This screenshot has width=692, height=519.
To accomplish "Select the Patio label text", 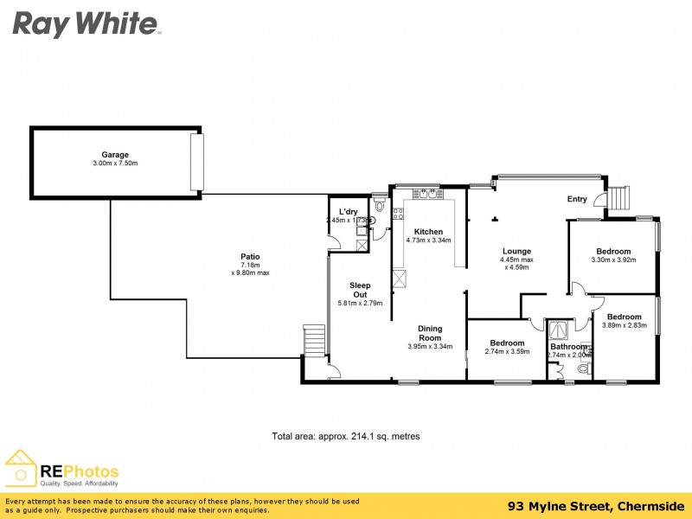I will click(x=250, y=256).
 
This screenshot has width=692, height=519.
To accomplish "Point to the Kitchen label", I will click(x=428, y=232).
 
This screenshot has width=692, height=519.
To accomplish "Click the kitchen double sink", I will click(x=426, y=195).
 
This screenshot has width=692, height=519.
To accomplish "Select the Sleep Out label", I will click(x=359, y=290).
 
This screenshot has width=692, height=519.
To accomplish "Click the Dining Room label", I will click(x=430, y=333).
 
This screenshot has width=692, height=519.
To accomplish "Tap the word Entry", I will click(x=577, y=200).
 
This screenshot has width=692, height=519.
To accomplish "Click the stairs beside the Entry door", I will click(x=619, y=201).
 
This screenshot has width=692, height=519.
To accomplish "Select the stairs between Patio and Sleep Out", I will click(x=314, y=340).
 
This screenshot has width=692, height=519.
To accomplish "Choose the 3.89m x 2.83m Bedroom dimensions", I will click(x=624, y=326).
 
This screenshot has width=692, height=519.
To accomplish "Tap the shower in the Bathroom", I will click(x=560, y=329).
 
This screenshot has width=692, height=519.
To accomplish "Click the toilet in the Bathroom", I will click(x=582, y=369).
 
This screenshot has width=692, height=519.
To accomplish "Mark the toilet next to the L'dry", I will click(x=379, y=207).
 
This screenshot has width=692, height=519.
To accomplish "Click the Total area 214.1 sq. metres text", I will click(x=346, y=437).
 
